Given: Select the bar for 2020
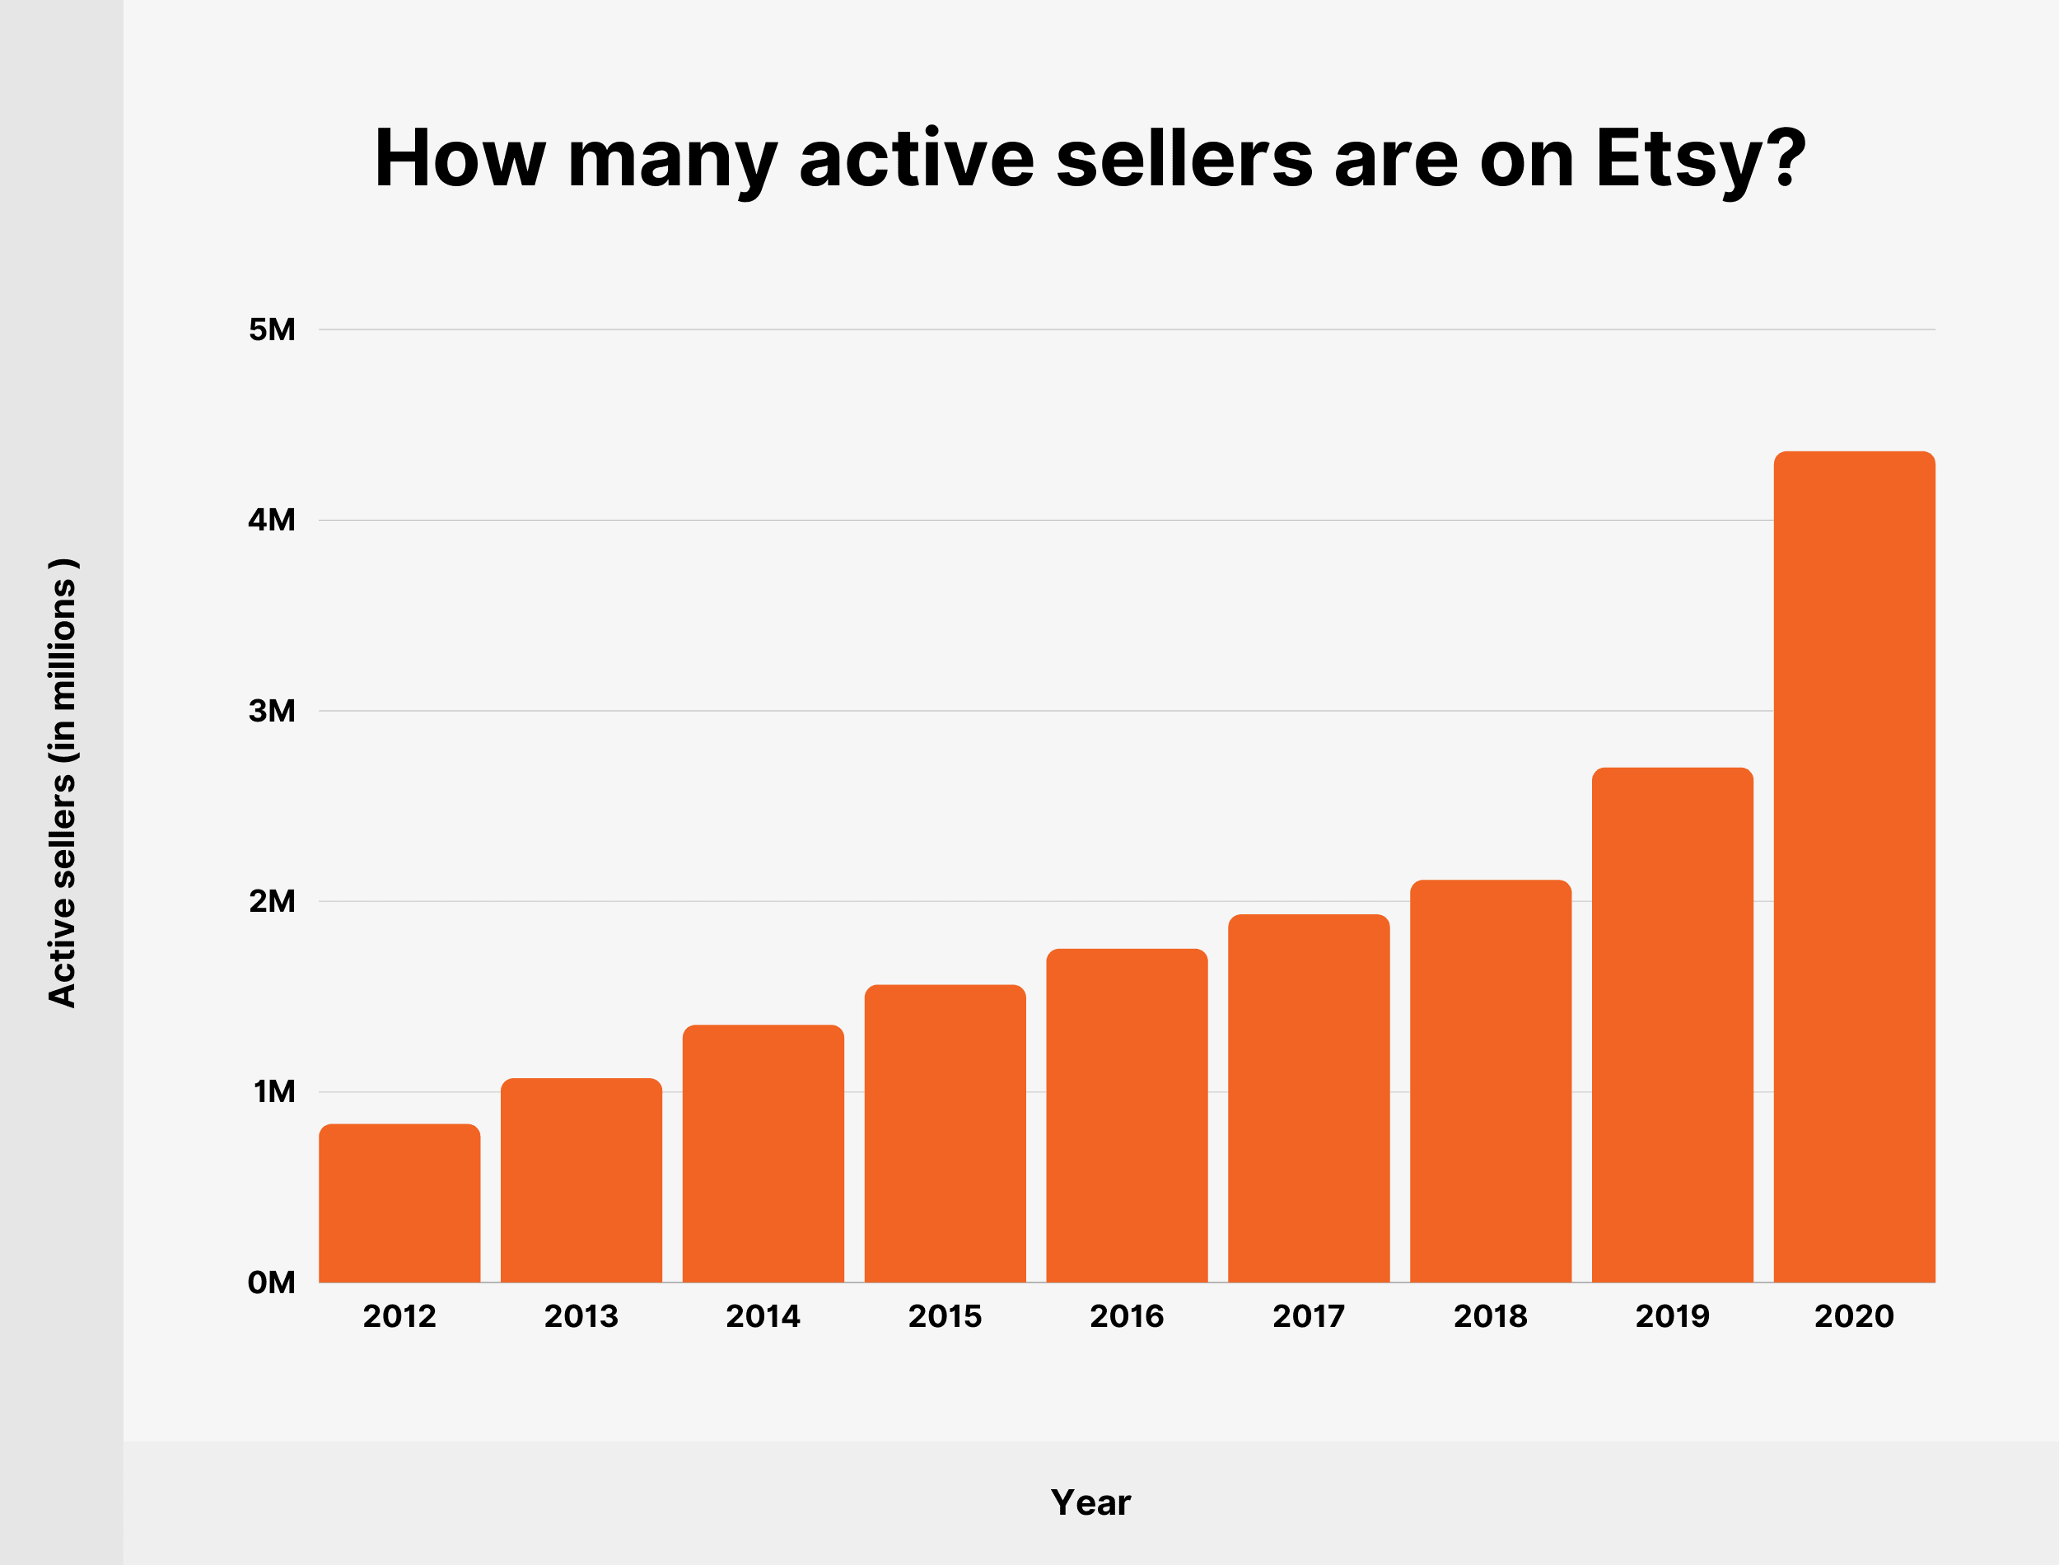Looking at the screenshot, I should pos(1854,867).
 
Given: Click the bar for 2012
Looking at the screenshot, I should pos(399,1203).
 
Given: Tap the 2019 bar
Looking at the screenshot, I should pos(1673,1025).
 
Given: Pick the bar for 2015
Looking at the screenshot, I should pos(945,1133).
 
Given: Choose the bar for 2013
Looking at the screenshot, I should pos(581,1180).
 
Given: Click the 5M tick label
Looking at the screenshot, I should pos(272,329).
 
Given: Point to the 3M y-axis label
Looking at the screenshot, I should pos(272,711).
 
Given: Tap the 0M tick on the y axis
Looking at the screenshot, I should pos(272,1282).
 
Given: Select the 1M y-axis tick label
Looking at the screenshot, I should pos(273,1091).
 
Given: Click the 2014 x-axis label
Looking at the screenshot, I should pos(763,1316).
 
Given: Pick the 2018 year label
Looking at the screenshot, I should pos(1490,1316).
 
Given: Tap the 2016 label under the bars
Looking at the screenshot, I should pos(1127,1316).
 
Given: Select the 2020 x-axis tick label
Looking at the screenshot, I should pos(1854,1316).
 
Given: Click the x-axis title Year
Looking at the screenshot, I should pos(1090,1502).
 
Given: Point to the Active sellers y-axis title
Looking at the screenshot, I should pos(63,782).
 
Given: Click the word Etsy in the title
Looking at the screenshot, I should pos(1676,158).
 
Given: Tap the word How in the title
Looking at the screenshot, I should pos(459,158).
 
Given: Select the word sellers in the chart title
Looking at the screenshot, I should pos(1184,158).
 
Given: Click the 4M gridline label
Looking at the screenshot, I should pos(272,520).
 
